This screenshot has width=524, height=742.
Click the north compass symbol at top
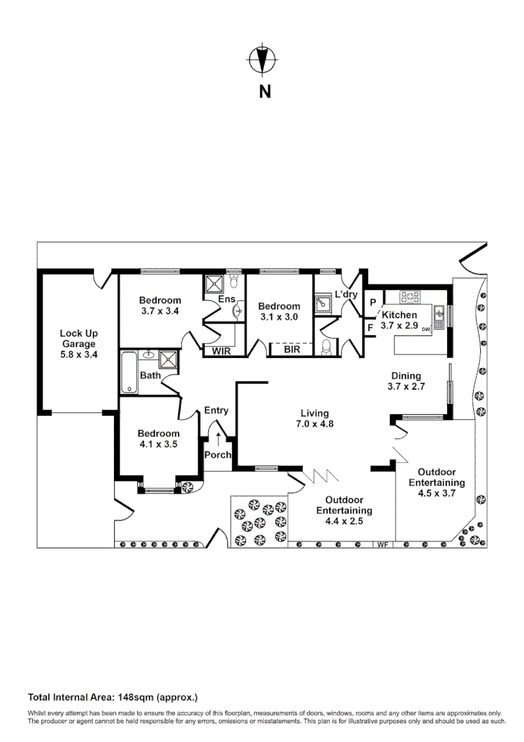coord(261,60)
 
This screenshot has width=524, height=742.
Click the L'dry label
coord(345,295)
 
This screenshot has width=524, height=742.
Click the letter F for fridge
coord(371,328)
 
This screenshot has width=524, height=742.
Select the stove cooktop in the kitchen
coord(411,297)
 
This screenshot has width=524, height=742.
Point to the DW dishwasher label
coord(426,330)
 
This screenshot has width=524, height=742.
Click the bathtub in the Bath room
coord(129,372)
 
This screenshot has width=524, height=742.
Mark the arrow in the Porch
coord(218,438)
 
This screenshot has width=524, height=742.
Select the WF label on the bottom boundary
coord(382,545)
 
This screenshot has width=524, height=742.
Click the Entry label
coord(216,410)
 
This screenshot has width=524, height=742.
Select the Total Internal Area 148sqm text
coord(113,697)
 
